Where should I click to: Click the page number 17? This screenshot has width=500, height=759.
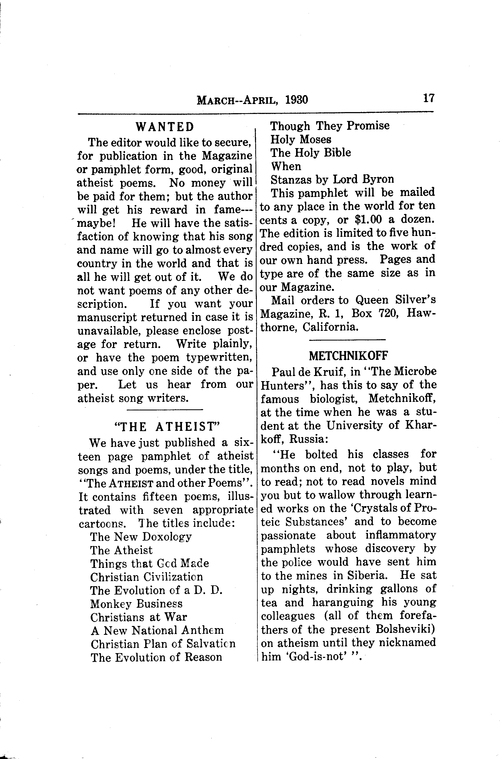(x=429, y=98)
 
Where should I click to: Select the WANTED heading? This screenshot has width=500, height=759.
(x=165, y=127)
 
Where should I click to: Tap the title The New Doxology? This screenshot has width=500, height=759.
(x=141, y=536)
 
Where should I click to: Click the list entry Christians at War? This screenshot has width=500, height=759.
(x=138, y=617)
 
